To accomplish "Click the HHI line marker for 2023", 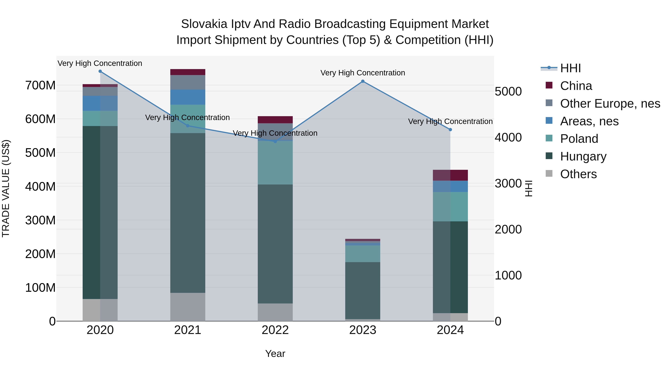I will [363, 81].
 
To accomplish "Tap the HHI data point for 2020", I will [100, 71].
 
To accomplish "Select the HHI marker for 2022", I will [275, 141].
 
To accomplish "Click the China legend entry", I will [576, 86].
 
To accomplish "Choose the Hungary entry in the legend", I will [583, 156].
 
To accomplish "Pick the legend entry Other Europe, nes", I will [610, 104].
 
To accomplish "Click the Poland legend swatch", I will [549, 138].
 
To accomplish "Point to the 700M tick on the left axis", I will [40, 85].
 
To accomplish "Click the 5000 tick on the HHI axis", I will [508, 92].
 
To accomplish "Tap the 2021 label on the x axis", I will [188, 330].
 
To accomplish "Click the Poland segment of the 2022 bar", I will [275, 163].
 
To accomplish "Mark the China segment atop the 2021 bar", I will [188, 72].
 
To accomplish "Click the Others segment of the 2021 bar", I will [188, 307].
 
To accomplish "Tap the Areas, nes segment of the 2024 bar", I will [450, 186].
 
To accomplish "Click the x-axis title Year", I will [275, 354].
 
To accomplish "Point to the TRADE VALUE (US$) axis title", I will [6, 188].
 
